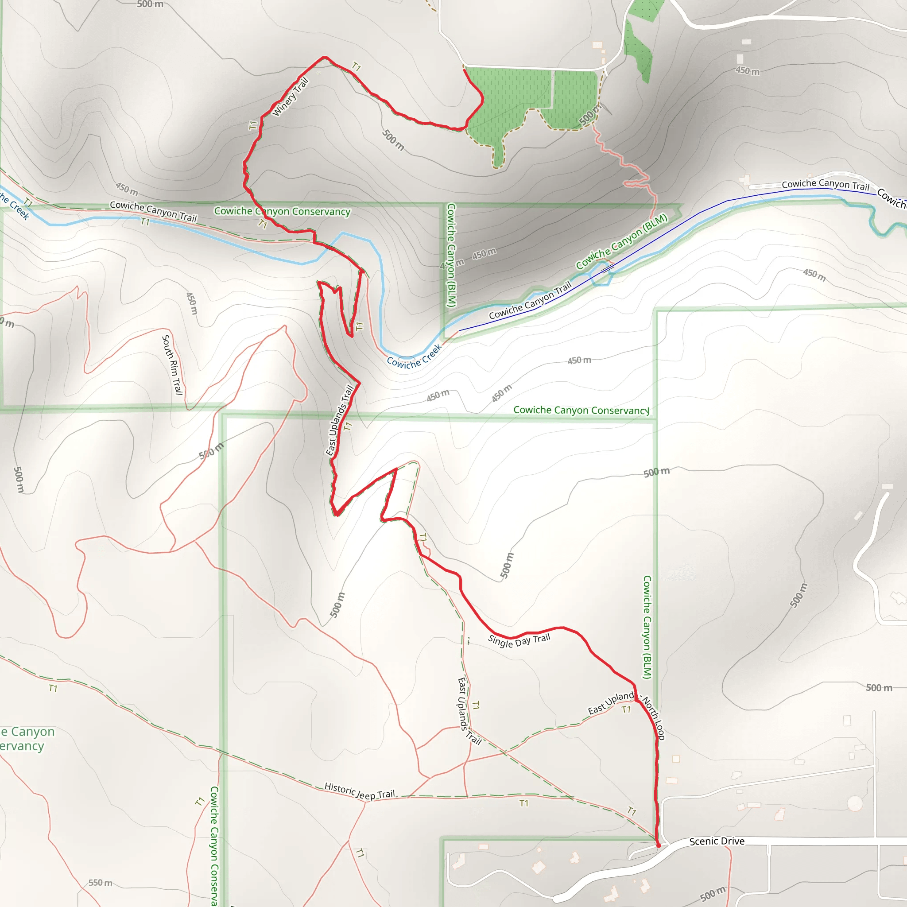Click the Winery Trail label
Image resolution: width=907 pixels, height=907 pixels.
coord(290,97)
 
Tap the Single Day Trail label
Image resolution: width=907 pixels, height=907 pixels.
coord(519,640)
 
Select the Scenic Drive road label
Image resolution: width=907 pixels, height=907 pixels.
coord(717,841)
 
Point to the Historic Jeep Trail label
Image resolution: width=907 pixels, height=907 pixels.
coord(360,791)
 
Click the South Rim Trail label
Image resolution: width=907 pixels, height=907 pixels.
coord(172,364)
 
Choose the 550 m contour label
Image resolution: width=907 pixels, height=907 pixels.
coord(101,883)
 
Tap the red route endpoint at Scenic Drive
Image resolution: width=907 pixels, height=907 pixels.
coord(658,845)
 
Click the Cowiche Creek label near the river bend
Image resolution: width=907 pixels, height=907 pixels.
coord(414,356)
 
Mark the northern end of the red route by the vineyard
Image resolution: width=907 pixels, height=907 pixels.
coord(464,70)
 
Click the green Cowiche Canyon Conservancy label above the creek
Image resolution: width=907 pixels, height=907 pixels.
coord(282,211)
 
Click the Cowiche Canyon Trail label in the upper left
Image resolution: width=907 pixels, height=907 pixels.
coord(153,211)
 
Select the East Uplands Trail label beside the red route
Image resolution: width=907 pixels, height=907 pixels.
coord(339,420)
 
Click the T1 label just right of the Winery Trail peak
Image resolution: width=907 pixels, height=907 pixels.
coord(357,67)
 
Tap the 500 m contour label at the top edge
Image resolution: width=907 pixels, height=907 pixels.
coord(150,4)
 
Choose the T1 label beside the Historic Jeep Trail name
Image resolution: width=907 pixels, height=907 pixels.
coord(524,803)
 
